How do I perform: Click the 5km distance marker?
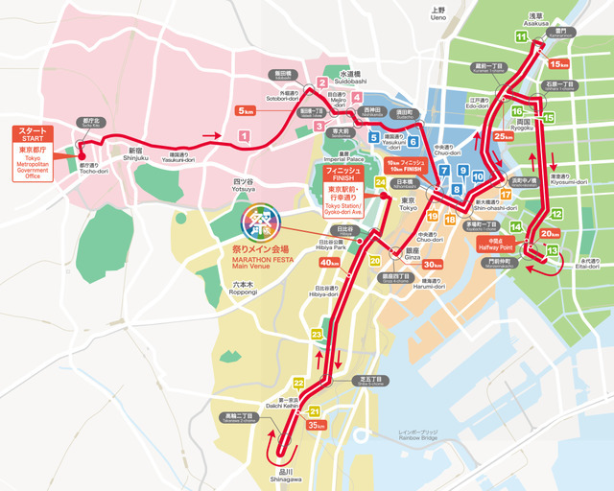[x=245, y=111]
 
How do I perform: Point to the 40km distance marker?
[x=329, y=263]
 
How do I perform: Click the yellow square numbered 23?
[x=316, y=333]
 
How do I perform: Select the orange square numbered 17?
[x=505, y=195]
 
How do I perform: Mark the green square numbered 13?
[x=552, y=250]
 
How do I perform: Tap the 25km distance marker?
[x=504, y=135]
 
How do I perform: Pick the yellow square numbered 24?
[x=381, y=182]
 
